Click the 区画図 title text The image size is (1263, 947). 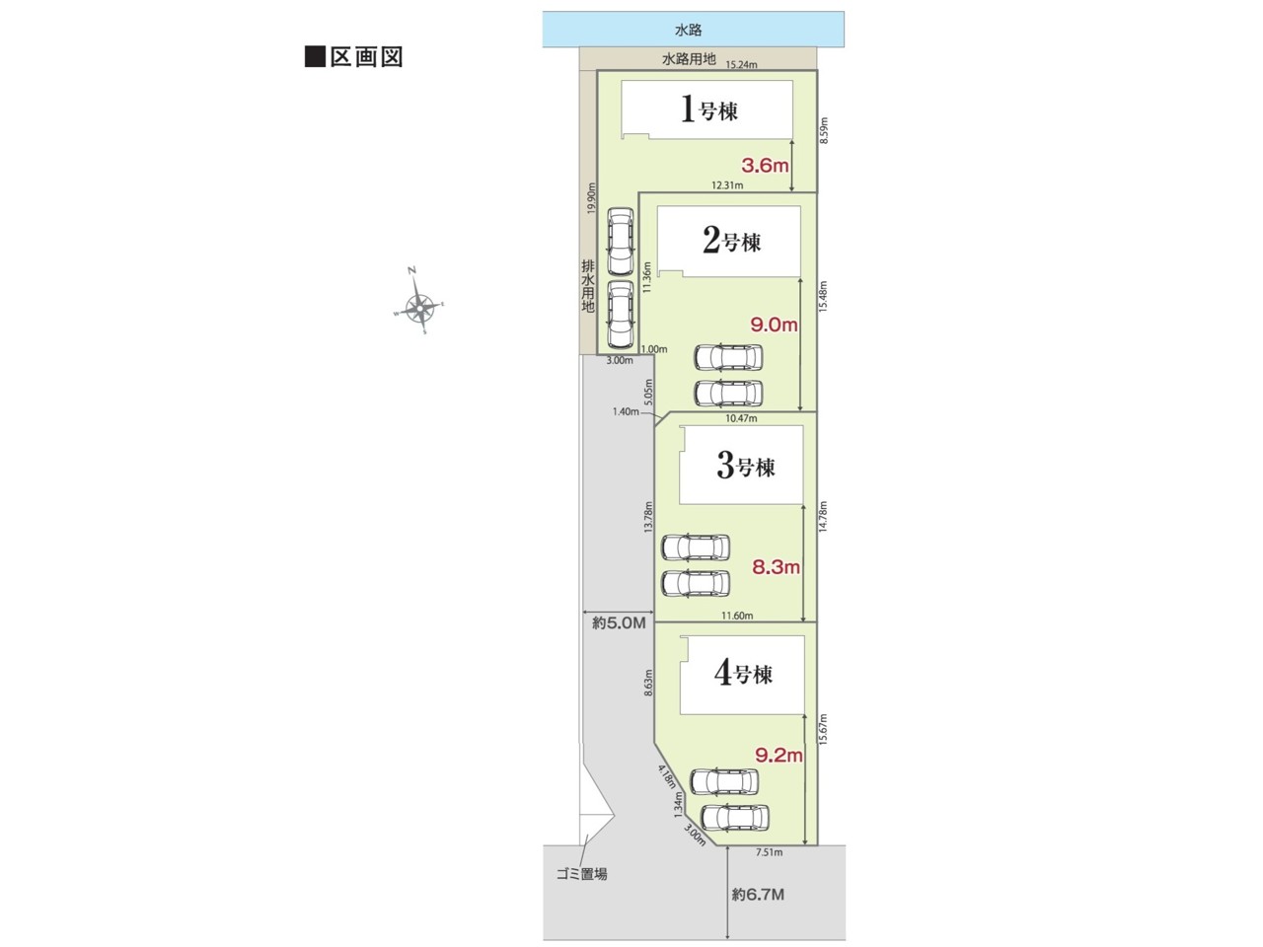366,57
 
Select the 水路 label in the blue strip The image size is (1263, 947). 688,30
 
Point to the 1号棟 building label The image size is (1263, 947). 708,109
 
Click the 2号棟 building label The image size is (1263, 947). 731,241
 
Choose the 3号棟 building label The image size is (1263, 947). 746,466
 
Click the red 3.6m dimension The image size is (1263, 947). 765,166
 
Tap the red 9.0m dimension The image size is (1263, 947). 774,325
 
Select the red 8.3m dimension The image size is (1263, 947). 777,567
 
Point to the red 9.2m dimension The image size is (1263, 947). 780,755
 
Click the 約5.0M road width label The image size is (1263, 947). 619,622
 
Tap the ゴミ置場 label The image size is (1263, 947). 582,875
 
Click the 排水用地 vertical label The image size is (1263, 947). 587,286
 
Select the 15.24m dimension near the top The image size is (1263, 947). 741,65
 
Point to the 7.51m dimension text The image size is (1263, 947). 770,852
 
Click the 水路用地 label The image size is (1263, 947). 689,58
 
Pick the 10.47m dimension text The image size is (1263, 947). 741,418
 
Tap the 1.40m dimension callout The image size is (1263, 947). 626,411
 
